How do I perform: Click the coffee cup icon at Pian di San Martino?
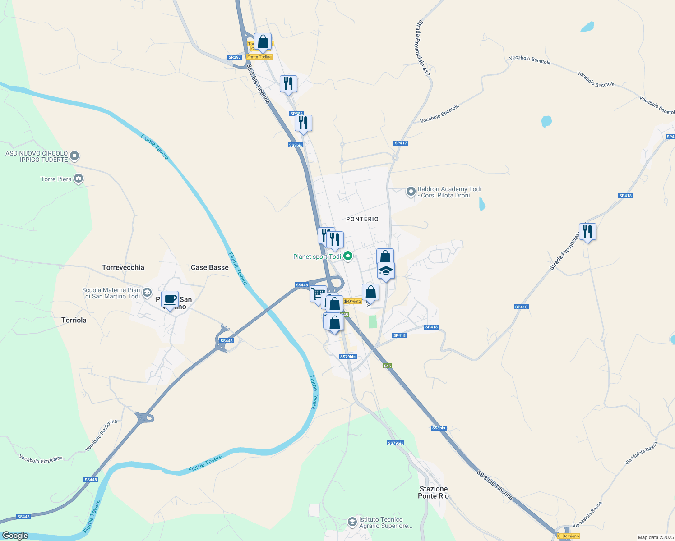pos(170,299)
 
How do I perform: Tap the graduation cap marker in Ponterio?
pos(386,271)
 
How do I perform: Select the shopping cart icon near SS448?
pos(318,294)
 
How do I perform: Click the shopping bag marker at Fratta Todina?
pos(263,42)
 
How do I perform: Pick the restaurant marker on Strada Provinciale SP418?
pos(587,232)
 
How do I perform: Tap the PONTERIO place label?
pos(362,219)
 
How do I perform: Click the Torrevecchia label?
pos(123,267)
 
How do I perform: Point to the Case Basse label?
pos(210,267)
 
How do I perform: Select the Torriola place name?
pos(74,320)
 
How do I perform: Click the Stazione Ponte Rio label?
pos(434,492)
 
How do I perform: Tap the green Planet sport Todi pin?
pos(348,257)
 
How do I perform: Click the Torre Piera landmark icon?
pos(79,179)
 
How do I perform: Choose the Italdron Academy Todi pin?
pos(411,192)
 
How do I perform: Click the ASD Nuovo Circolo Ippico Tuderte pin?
pos(75,156)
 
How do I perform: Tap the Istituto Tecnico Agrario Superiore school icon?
pos(352,523)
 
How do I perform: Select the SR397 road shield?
pos(235,57)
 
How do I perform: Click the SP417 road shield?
pos(401,143)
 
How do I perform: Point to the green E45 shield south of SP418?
pos(387,366)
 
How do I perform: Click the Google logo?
pos(15,536)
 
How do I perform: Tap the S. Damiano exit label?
pos(568,536)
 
